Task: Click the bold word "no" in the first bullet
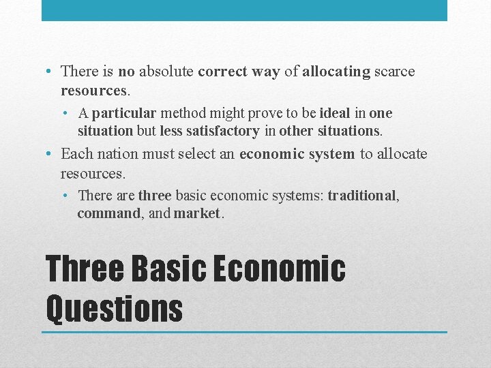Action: (126, 72)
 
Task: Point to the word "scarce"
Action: (395, 72)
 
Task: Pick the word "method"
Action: (182, 113)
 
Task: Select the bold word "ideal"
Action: (334, 113)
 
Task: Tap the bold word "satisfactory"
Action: (219, 130)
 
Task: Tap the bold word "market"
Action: (197, 213)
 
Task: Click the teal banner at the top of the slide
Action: (244, 10)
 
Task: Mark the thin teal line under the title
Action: (244, 332)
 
